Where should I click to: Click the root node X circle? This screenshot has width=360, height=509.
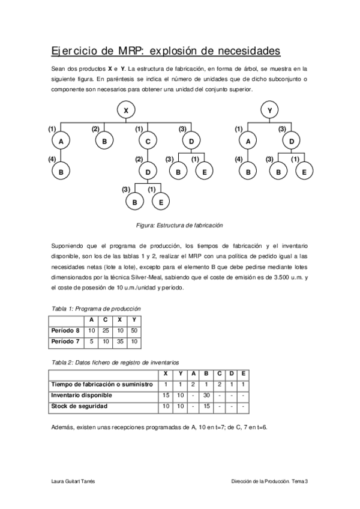[x=126, y=110]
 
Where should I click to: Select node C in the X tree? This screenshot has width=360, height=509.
[x=148, y=141]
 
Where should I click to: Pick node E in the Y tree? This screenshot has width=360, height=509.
[x=304, y=172]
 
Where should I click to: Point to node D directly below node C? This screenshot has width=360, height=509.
[x=148, y=172]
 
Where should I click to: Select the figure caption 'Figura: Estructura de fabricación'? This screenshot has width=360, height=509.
[x=179, y=225]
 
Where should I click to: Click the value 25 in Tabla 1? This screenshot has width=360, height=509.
[x=106, y=330]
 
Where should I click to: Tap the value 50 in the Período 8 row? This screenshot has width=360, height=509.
[x=134, y=330]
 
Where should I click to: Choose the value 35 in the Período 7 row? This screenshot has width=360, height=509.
[x=120, y=341]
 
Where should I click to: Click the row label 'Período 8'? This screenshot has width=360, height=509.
[x=66, y=330]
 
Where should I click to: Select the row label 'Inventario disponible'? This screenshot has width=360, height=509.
[x=82, y=395]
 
